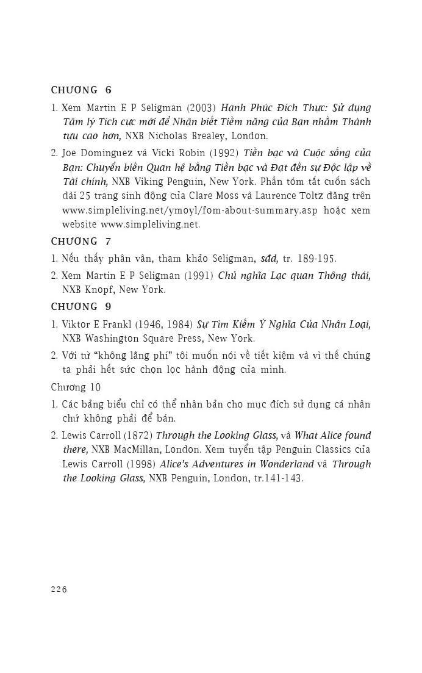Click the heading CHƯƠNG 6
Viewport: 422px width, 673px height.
point(81,90)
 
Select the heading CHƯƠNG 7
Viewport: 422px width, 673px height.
point(81,241)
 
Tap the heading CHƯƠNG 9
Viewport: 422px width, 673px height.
point(81,306)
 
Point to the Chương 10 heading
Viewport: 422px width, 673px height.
point(76,387)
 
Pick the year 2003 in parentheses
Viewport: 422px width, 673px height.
point(197,107)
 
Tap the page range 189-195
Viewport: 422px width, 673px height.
point(316,258)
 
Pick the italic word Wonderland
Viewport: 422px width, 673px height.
point(284,464)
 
